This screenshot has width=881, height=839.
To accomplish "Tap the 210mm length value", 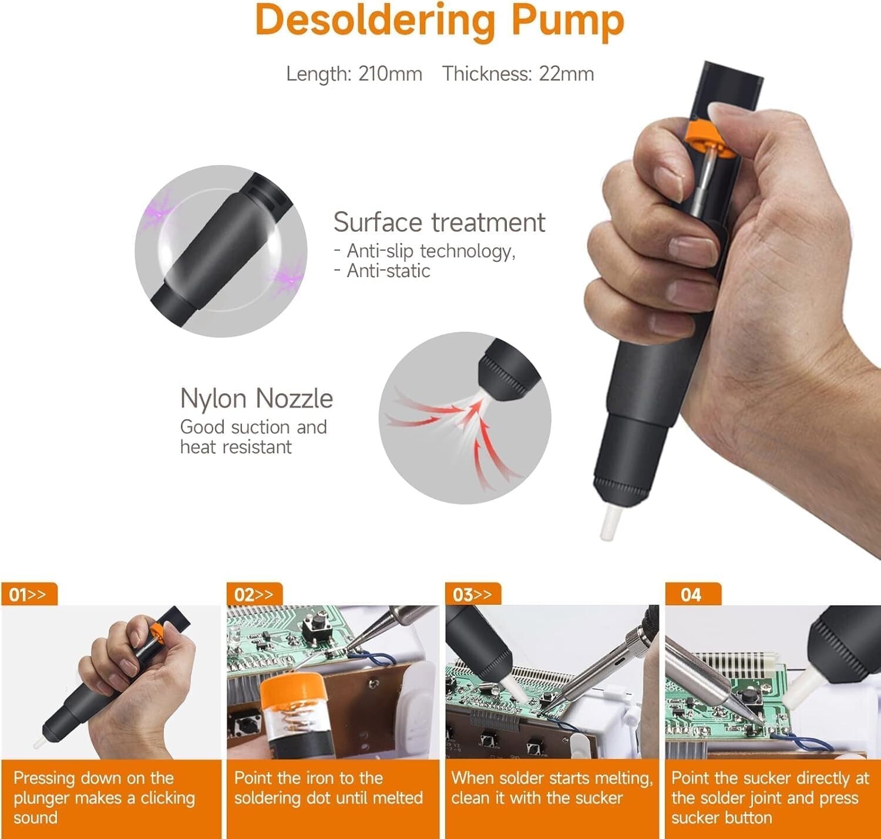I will (390, 74).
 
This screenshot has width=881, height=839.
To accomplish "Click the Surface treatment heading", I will (439, 223).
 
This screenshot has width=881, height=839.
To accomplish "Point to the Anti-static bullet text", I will (388, 271).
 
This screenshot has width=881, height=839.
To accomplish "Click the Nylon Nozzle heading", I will (256, 398).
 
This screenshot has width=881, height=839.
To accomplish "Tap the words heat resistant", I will (236, 447).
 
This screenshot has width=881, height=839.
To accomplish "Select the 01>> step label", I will (28, 595).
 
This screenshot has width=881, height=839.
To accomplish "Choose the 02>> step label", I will (254, 595).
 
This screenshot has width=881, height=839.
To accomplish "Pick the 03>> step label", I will (472, 595).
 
